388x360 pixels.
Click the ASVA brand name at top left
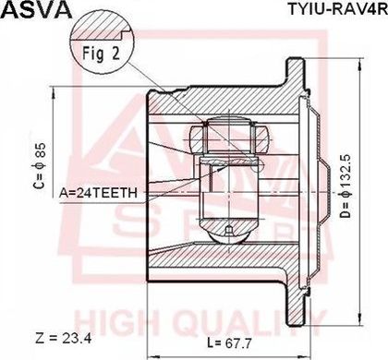36,10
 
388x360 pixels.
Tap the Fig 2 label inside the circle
101,54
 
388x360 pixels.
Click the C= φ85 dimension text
40,165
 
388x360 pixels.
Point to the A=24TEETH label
98,193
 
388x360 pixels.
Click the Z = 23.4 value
64,339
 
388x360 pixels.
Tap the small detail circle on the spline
257,166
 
